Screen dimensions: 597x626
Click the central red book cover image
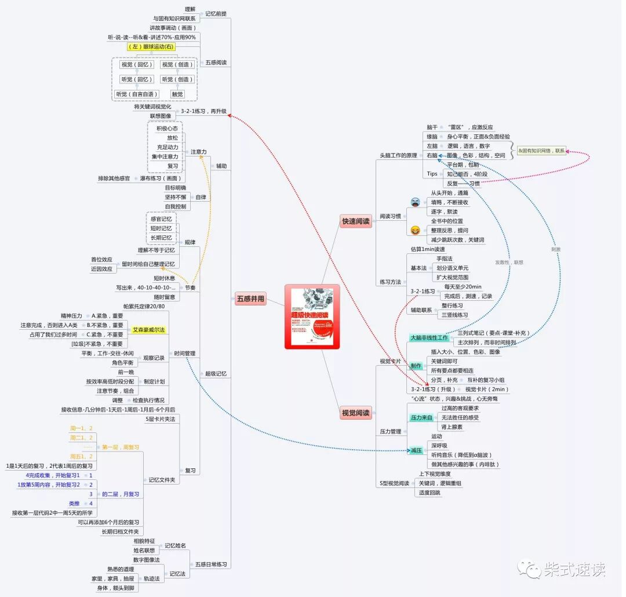pyautogui.click(x=312, y=316)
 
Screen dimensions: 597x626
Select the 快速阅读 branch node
pyautogui.click(x=356, y=221)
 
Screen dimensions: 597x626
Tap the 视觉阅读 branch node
pyautogui.click(x=355, y=413)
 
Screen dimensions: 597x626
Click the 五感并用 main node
pyautogui.click(x=250, y=299)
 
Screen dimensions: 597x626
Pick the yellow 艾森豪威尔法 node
pyautogui.click(x=149, y=330)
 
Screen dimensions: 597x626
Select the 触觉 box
pyautogui.click(x=177, y=94)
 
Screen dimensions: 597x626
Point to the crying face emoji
pyautogui.click(x=415, y=202)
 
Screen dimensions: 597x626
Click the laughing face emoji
pyautogui.click(x=415, y=230)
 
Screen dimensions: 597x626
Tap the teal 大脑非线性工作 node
pyautogui.click(x=429, y=338)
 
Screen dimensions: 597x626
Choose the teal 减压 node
pyautogui.click(x=416, y=450)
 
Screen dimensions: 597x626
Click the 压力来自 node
pyautogui.click(x=421, y=417)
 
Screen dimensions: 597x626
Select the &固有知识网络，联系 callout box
pyautogui.click(x=541, y=151)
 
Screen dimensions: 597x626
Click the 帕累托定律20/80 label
pyautogui.click(x=144, y=306)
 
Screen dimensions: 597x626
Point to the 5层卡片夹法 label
pyautogui.click(x=161, y=418)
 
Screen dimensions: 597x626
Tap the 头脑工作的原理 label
pyautogui.click(x=398, y=155)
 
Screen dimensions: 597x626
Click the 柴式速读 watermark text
pyautogui.click(x=574, y=569)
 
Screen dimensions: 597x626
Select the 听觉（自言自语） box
pyautogui.click(x=137, y=94)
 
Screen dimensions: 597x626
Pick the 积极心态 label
pyautogui.click(x=167, y=128)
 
